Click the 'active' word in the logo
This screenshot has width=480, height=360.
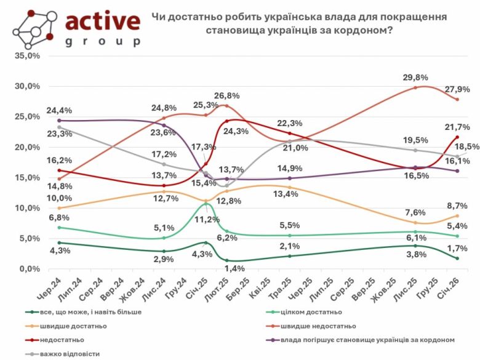coord(102,22)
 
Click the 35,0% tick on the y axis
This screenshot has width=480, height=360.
coord(27,56)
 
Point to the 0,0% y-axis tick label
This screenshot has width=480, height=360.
coord(30,269)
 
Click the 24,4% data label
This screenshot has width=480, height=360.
coord(59,111)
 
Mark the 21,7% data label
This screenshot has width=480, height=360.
coord(457,127)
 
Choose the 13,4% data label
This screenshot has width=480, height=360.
coord(289,195)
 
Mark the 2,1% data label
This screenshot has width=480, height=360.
coord(289,247)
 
